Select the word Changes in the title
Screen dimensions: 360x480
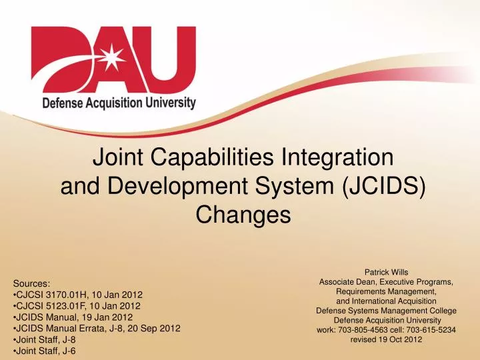pos(243,215)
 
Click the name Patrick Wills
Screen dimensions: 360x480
pos(386,271)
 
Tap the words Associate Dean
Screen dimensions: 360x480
pos(347,282)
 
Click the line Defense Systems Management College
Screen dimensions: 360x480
pos(386,311)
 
